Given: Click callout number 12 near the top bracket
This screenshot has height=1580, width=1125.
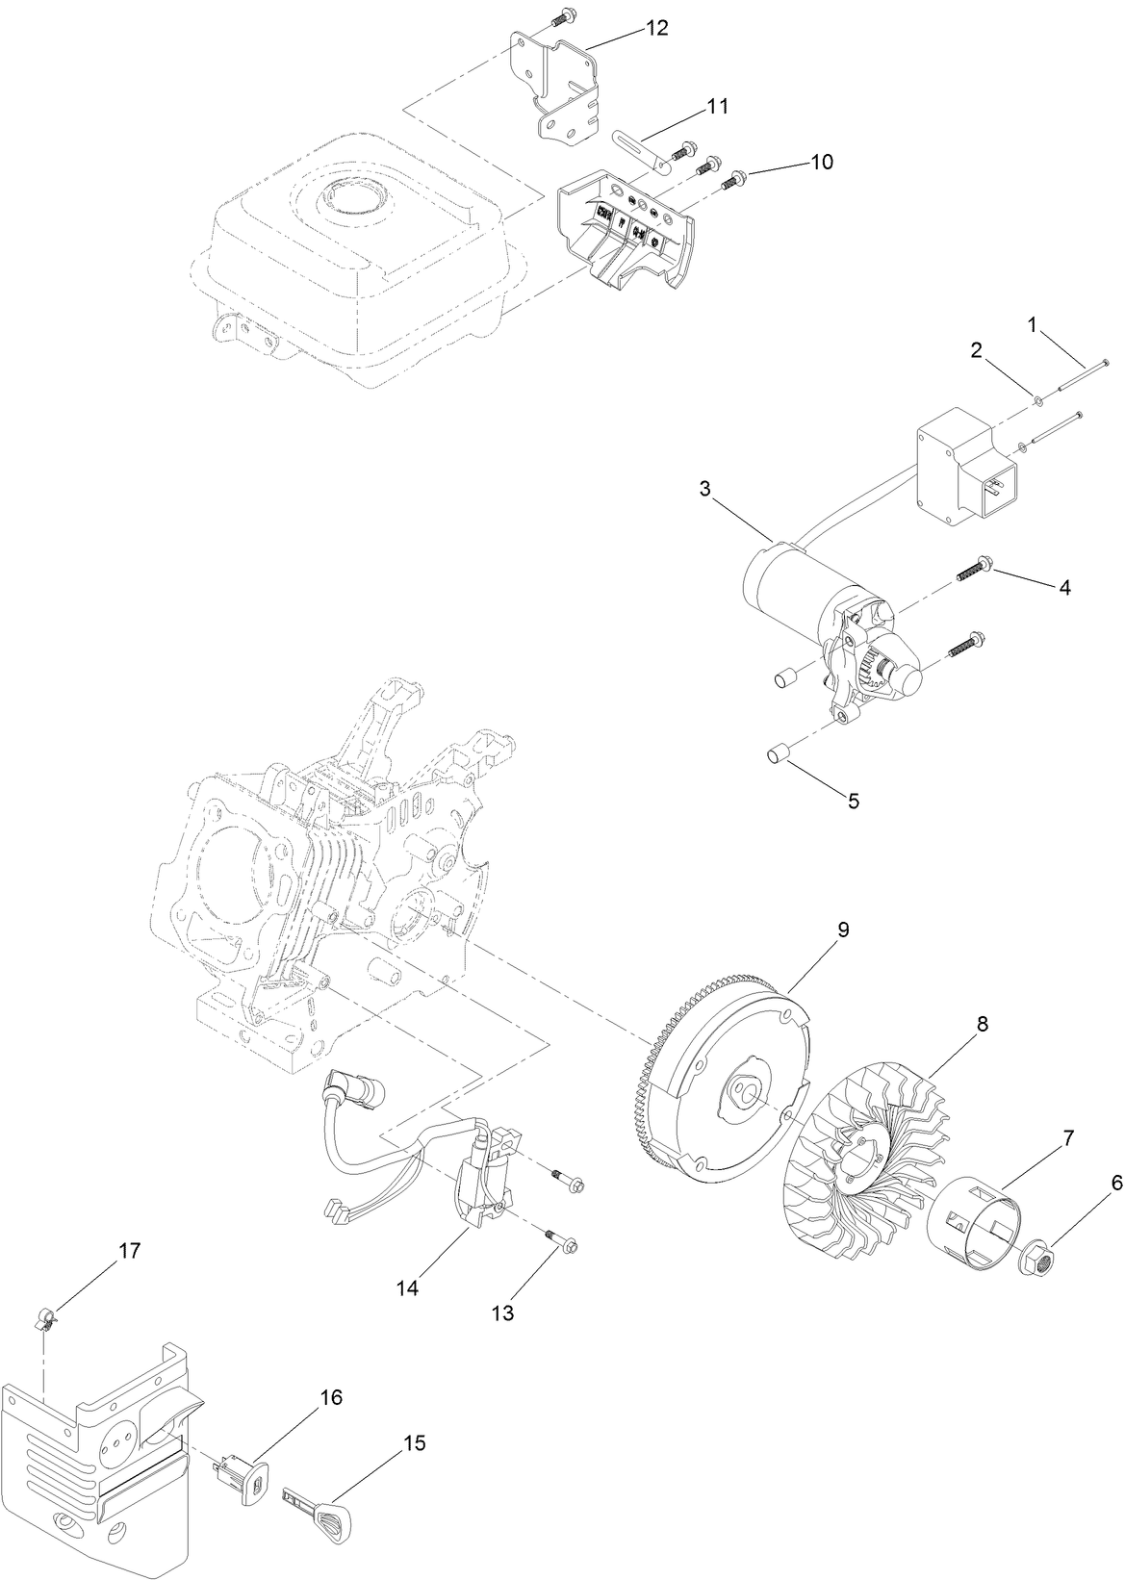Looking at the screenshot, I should [x=656, y=28].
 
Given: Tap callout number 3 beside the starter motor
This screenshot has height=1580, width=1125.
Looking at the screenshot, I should [x=704, y=489].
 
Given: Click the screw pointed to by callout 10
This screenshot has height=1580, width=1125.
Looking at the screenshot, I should [x=735, y=177].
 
